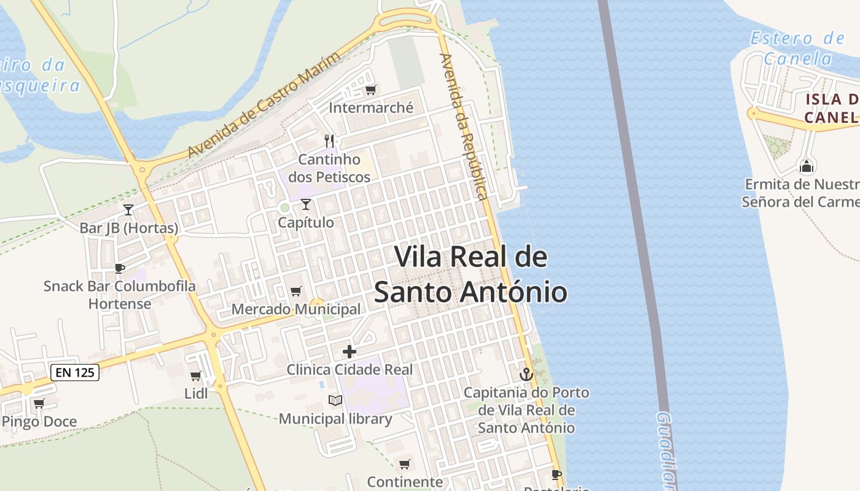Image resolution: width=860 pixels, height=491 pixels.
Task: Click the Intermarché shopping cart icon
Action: click(370, 90)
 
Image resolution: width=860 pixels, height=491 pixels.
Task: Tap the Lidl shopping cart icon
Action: click(196, 376)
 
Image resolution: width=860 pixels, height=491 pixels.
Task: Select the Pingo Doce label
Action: click(39, 422)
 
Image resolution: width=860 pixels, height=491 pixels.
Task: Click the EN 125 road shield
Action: click(75, 372)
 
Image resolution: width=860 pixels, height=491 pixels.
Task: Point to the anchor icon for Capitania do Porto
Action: click(526, 374)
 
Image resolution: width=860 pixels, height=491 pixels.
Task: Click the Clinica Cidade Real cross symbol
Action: click(350, 352)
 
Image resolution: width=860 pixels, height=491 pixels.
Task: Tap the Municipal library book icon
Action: click(335, 401)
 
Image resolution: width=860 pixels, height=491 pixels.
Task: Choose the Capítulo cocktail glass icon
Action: click(306, 204)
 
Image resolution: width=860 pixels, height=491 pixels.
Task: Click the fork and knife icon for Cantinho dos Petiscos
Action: click(330, 141)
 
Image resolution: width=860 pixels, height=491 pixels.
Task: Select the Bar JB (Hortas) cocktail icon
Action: click(128, 210)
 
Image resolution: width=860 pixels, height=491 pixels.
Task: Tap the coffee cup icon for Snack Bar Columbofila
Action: click(120, 268)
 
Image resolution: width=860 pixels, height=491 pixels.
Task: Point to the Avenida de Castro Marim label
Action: click(264, 106)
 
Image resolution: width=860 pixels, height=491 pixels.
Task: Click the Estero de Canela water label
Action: click(797, 48)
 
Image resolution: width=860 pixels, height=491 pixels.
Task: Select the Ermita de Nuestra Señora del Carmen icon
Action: click(807, 166)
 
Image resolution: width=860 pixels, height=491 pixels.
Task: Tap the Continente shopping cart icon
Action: click(404, 464)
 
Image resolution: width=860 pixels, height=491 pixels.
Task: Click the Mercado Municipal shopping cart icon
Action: click(296, 291)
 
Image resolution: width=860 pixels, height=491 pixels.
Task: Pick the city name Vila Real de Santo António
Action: click(471, 274)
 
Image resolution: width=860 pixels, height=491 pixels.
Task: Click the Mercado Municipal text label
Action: click(296, 309)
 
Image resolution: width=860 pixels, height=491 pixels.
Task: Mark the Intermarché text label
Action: click(371, 108)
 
